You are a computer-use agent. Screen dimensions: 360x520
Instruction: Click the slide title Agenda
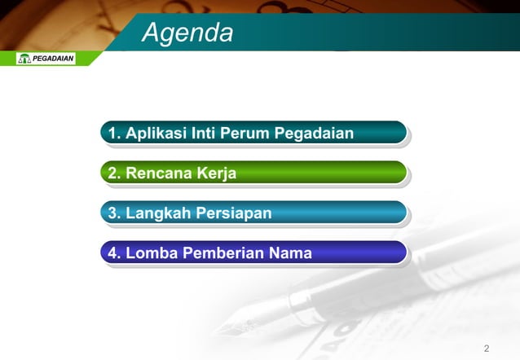pos(187,33)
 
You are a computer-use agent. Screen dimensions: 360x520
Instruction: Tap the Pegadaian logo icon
pos(24,59)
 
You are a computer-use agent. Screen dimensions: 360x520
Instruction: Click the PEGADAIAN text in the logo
pos(53,59)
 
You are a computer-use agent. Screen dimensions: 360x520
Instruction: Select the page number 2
pos(487,349)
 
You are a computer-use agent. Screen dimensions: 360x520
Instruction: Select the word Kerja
pos(214,173)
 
